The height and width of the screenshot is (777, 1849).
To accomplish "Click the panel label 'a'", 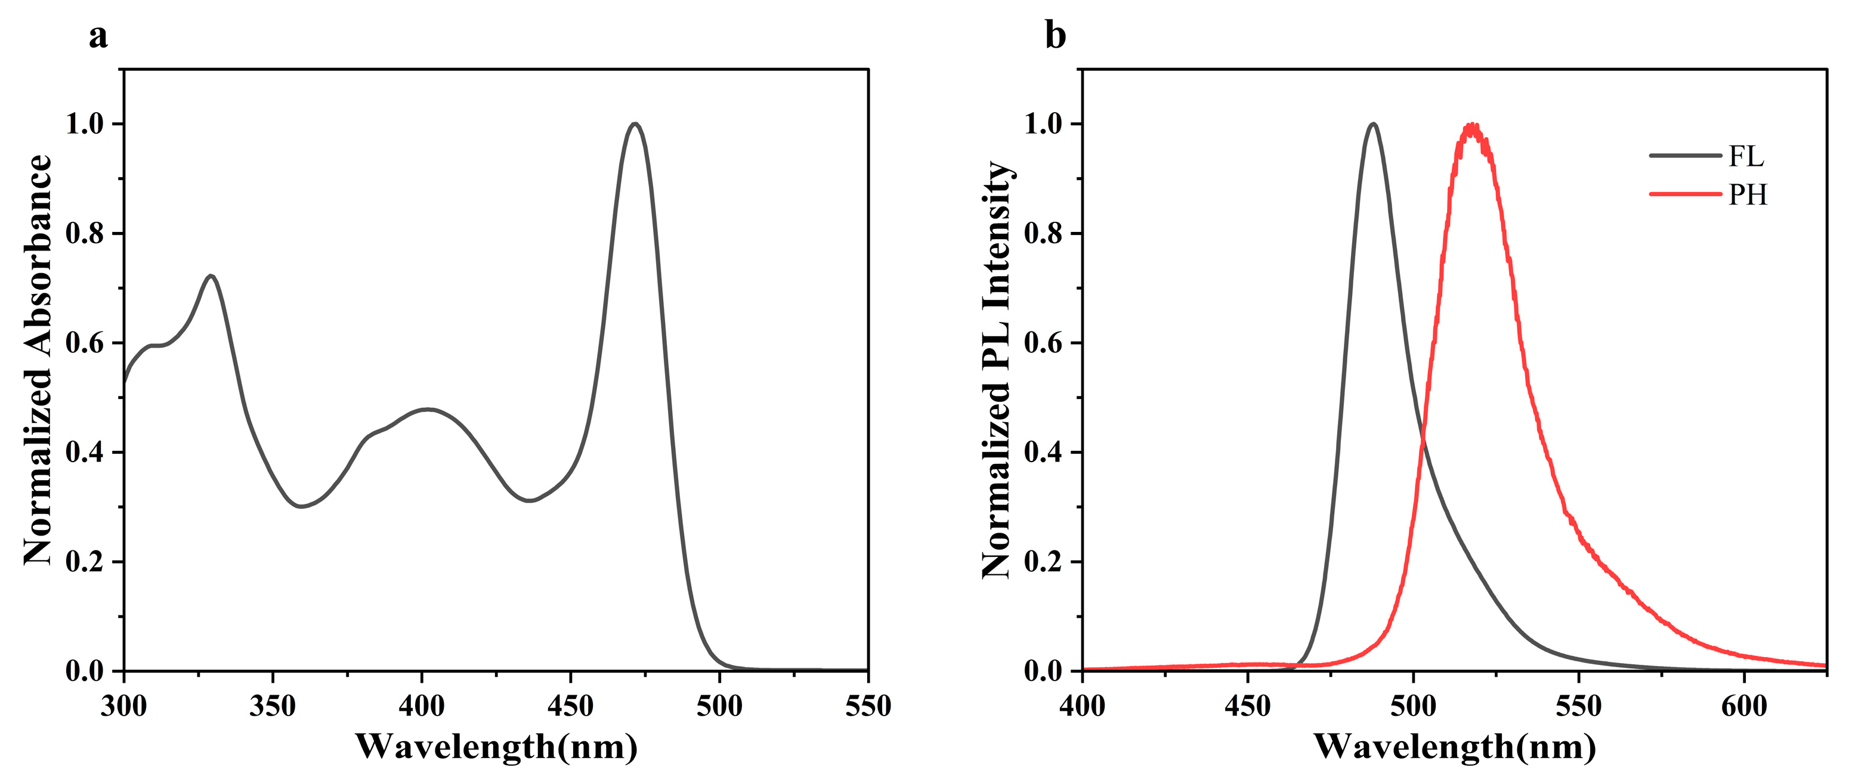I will pyautogui.click(x=98, y=36).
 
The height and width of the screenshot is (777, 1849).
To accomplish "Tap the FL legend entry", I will pyautogui.click(x=1745, y=156).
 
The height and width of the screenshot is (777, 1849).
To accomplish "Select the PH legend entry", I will pyautogui.click(x=1746, y=194).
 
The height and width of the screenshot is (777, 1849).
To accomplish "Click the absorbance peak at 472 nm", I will pyautogui.click(x=635, y=124).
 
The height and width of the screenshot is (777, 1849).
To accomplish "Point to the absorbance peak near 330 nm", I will pyautogui.click(x=211, y=275).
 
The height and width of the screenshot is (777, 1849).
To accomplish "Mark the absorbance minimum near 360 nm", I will pyautogui.click(x=301, y=506).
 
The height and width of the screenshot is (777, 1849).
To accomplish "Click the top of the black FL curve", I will pyautogui.click(x=1373, y=124).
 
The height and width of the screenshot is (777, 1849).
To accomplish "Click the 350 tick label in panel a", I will pyautogui.click(x=273, y=707).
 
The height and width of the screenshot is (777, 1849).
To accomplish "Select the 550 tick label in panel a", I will pyautogui.click(x=868, y=707).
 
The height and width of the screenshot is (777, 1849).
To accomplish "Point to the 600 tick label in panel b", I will pyautogui.click(x=1744, y=707).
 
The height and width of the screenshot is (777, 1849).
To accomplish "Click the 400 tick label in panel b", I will pyautogui.click(x=1083, y=707).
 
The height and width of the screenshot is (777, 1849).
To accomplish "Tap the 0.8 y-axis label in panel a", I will pyautogui.click(x=85, y=233).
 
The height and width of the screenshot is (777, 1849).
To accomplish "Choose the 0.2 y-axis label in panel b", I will pyautogui.click(x=1043, y=562).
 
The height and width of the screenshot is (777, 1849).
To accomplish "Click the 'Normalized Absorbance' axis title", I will pyautogui.click(x=38, y=359).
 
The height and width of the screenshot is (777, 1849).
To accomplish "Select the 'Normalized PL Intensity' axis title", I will pyautogui.click(x=996, y=370).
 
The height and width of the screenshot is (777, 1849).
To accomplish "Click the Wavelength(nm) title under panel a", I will pyautogui.click(x=496, y=747).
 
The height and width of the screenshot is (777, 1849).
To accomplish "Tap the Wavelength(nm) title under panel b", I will pyautogui.click(x=1454, y=747).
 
